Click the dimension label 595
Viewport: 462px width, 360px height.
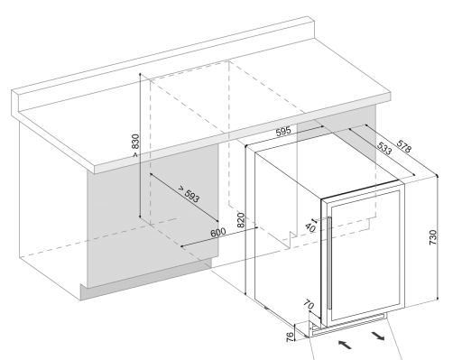click(283, 132)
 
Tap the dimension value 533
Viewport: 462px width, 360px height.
click(384, 148)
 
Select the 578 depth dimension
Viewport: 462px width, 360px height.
click(403, 146)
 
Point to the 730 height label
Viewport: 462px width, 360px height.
click(432, 237)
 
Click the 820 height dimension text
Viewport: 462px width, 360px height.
click(241, 220)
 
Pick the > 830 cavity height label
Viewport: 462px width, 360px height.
click(135, 145)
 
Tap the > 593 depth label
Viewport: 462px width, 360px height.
click(189, 194)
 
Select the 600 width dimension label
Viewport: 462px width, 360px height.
click(218, 233)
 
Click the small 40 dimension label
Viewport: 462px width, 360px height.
click(310, 227)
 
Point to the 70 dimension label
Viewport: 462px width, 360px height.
click(309, 305)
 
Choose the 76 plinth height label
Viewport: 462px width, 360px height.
click(290, 337)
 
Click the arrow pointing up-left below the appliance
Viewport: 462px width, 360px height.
click(345, 345)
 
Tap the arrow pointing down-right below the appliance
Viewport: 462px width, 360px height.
click(378, 336)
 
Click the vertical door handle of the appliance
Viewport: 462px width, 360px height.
click(329, 263)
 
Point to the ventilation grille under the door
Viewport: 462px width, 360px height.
click(349, 325)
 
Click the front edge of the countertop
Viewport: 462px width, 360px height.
click(243, 134)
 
